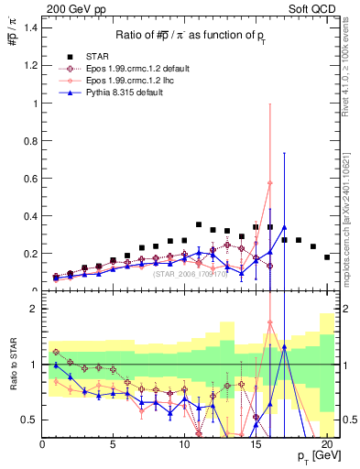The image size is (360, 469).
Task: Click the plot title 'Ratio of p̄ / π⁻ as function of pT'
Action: (190, 35)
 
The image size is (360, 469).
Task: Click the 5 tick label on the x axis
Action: (114, 444)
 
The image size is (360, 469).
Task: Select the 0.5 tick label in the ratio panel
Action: (28, 420)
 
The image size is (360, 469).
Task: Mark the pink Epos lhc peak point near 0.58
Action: (270, 182)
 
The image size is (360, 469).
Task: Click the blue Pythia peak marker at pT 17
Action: (285, 227)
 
